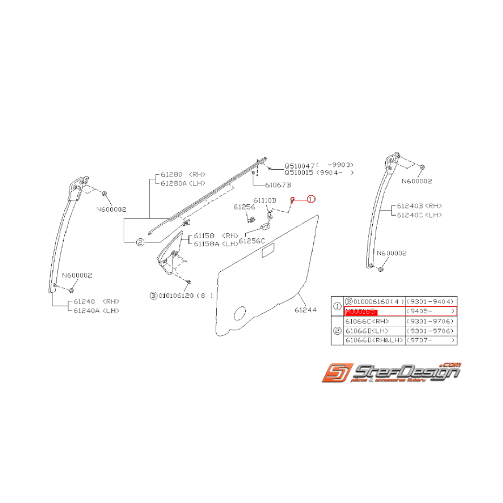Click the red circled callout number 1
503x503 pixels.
311,199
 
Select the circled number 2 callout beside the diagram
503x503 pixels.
140,243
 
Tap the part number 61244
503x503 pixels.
305,310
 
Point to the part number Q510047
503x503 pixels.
300,165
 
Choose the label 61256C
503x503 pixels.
252,240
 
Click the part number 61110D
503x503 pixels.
265,200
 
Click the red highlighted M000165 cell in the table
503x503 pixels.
361,312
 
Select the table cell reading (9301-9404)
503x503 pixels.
431,301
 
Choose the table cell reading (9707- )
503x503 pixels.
431,340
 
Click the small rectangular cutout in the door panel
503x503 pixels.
267,250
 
